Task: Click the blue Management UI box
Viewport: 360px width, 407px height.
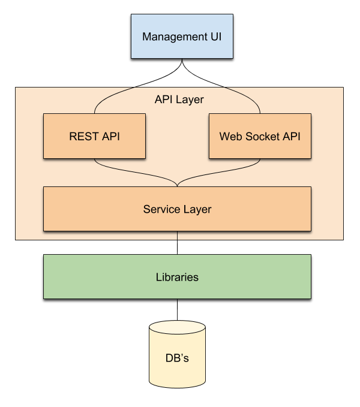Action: coord(182,37)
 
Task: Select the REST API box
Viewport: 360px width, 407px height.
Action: coord(94,136)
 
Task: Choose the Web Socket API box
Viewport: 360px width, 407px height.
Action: coord(260,136)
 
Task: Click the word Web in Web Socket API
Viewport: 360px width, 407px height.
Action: coord(230,136)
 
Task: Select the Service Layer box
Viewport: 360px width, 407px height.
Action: coord(177,209)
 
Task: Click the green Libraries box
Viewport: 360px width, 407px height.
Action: coord(177,277)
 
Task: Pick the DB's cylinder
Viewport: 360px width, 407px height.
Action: coord(177,360)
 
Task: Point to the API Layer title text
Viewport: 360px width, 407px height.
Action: coord(179,100)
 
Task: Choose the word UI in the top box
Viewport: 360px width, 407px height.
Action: coord(216,37)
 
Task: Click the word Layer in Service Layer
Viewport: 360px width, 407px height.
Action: coord(197,209)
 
